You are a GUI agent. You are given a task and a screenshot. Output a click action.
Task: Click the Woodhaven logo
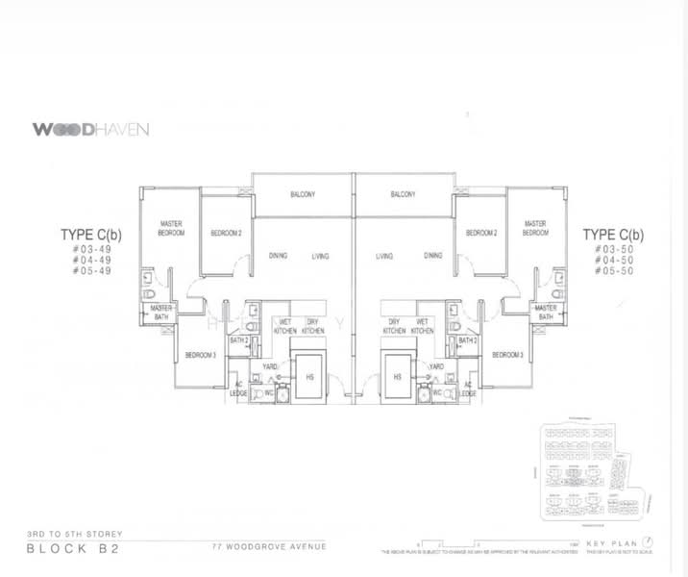(x=90, y=129)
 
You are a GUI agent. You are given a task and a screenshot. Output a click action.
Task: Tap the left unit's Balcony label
(x=304, y=194)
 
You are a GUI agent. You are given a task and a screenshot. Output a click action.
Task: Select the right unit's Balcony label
(x=403, y=194)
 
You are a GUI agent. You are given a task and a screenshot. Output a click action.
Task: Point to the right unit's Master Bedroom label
(x=535, y=228)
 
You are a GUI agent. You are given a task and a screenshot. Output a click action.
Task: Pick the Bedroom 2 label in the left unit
(x=225, y=234)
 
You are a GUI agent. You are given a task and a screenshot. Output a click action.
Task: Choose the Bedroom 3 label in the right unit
(x=506, y=355)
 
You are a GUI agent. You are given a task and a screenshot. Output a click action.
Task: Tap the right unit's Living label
(x=384, y=257)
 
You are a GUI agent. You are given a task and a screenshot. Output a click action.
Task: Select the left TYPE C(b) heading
(x=89, y=234)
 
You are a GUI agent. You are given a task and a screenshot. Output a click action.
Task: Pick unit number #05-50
(x=613, y=271)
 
